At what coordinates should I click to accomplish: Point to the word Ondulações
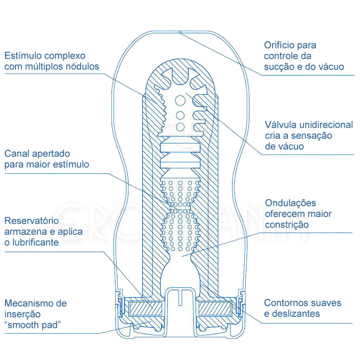[x=290, y=203]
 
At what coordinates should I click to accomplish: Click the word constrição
[x=287, y=224]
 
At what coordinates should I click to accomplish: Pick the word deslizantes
[x=297, y=314]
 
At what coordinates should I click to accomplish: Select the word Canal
[x=17, y=154]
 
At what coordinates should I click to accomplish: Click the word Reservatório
[x=32, y=221]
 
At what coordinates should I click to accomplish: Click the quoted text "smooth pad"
[x=33, y=325]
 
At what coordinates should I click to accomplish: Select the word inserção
[x=23, y=314]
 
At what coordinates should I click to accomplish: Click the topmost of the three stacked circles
[x=180, y=101]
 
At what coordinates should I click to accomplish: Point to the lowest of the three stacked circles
[x=180, y=127]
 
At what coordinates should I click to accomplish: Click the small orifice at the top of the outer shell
[x=180, y=32]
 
